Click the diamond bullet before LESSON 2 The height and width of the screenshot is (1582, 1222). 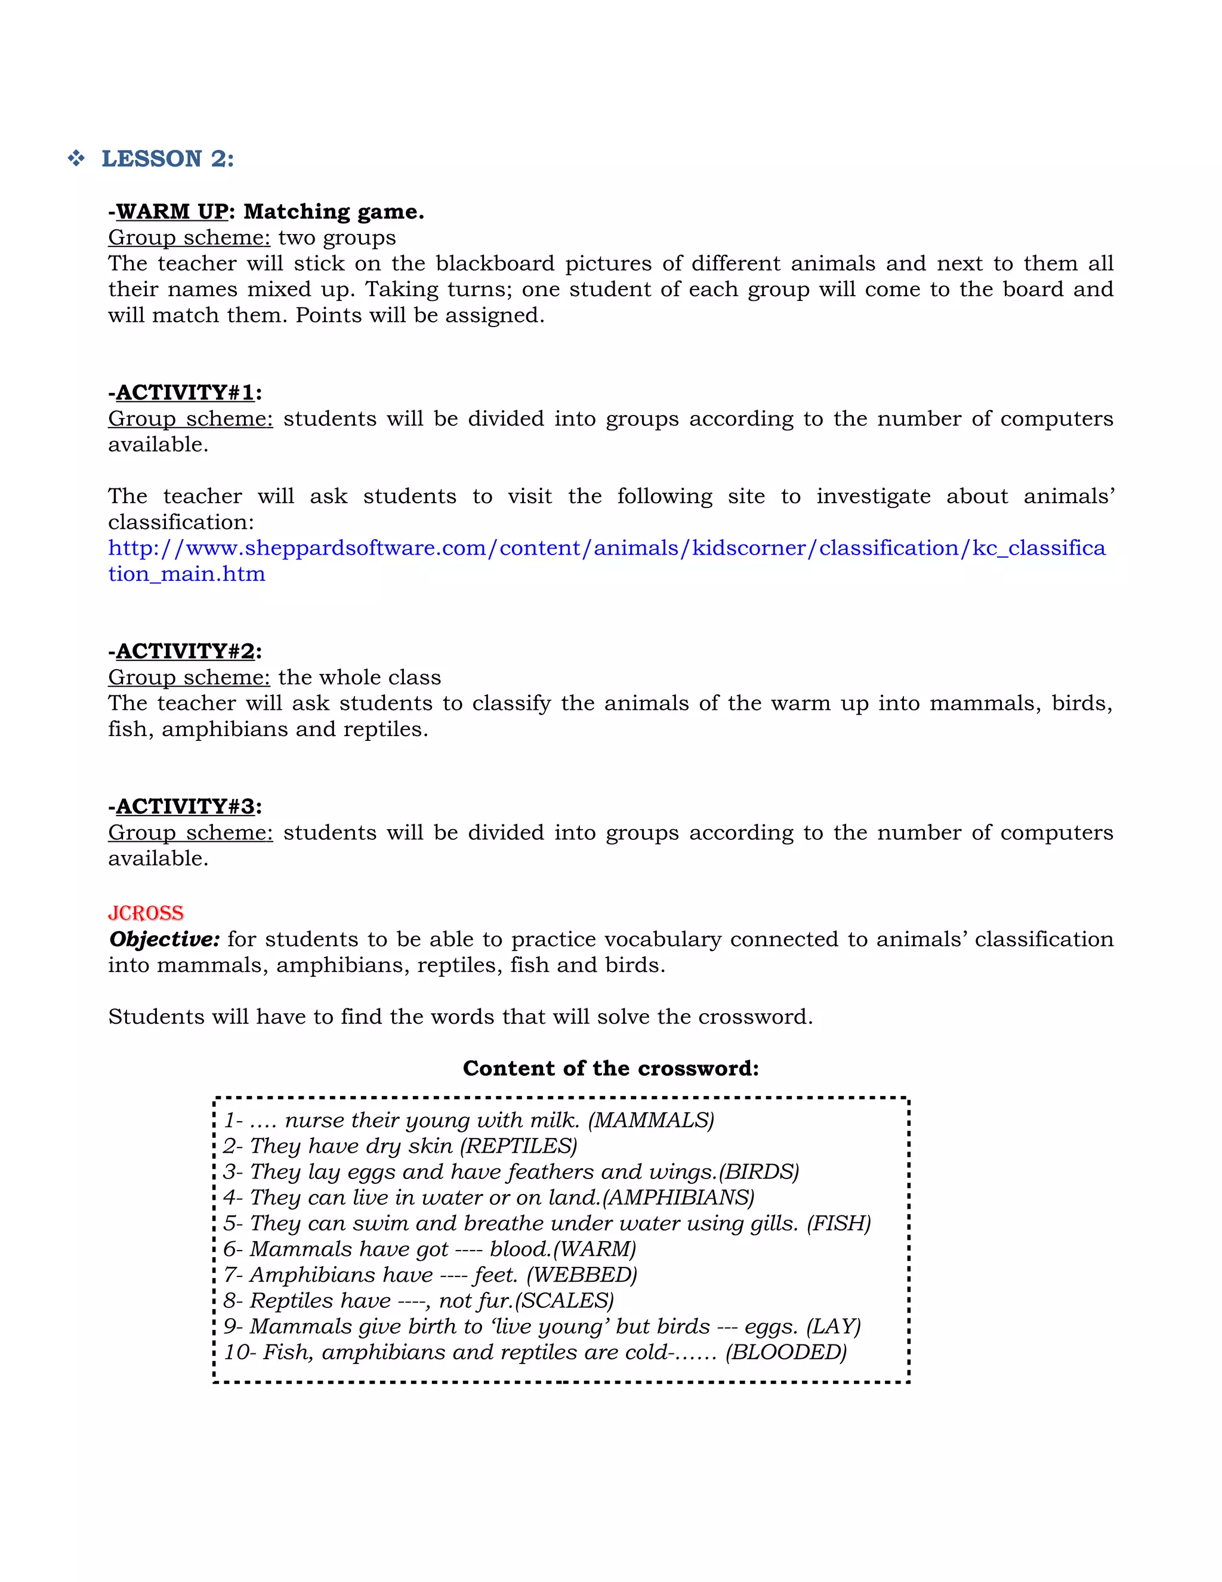pos(76,158)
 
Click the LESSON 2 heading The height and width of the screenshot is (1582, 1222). pos(167,159)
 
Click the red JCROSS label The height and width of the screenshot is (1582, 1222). pos(146,913)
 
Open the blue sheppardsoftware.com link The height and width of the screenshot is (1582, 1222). pos(607,549)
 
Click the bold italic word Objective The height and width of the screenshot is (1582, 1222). pos(164,940)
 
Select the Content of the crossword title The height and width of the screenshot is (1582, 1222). pos(610,1069)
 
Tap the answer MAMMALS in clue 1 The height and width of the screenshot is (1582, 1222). pos(651,1121)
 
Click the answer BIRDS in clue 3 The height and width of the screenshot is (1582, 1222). pos(759,1172)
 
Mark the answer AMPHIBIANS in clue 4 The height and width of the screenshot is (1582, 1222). pos(678,1198)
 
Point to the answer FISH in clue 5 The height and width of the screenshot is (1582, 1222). pos(839,1223)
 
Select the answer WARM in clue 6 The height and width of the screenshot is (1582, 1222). pos(594,1249)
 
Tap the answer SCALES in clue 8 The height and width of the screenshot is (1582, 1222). pos(564,1301)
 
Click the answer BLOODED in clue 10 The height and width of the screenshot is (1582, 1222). pos(786,1352)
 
